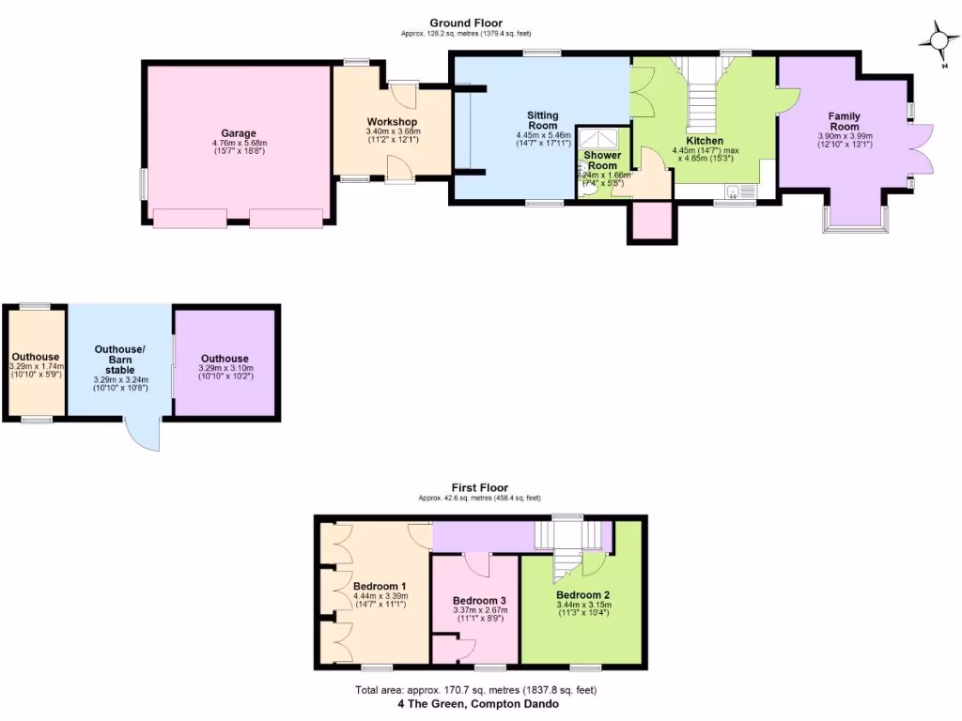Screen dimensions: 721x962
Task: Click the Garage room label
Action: click(240, 133)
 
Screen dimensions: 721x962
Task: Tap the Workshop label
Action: click(392, 123)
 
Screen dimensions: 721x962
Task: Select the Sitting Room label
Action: click(543, 120)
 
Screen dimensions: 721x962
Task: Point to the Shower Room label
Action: click(602, 160)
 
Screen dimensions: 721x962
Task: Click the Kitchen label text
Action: click(698, 141)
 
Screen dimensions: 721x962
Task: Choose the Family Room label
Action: click(844, 121)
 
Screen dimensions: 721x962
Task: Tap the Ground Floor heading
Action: click(466, 23)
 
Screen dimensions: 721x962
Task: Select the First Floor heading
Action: click(479, 487)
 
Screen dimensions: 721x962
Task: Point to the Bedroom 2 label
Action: click(582, 595)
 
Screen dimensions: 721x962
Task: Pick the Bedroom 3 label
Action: click(479, 601)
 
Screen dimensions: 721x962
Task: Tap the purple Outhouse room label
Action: click(225, 359)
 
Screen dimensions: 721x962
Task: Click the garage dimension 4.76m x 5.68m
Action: click(240, 144)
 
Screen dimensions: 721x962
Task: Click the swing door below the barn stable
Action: click(144, 434)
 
